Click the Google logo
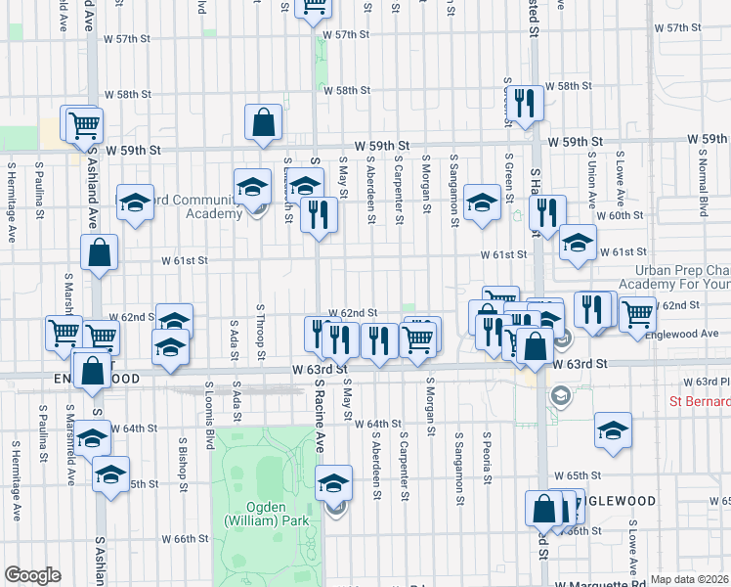32,575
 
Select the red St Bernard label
698,402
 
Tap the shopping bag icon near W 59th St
264,123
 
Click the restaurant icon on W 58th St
526,103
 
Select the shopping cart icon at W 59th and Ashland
83,124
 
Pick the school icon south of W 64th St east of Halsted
613,430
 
